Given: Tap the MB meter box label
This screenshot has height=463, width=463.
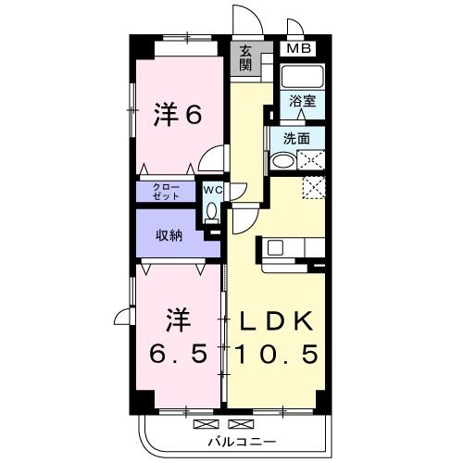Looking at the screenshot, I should click(298, 49).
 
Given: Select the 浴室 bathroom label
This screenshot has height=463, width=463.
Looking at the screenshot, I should click(301, 101).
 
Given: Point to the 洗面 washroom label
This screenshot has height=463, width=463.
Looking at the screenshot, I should click(296, 139).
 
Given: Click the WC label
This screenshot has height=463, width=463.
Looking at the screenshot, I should click(212, 190).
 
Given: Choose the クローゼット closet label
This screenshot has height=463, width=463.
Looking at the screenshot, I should click(169, 192).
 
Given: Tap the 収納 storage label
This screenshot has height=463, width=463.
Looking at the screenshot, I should click(169, 235).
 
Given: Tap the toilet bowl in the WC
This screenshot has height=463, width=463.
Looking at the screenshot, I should click(212, 211).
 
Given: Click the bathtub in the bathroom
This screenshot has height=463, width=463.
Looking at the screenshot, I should click(301, 78).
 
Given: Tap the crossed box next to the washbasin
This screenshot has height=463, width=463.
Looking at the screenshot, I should click(312, 160).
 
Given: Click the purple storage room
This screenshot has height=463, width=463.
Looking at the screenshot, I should click(169, 235).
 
